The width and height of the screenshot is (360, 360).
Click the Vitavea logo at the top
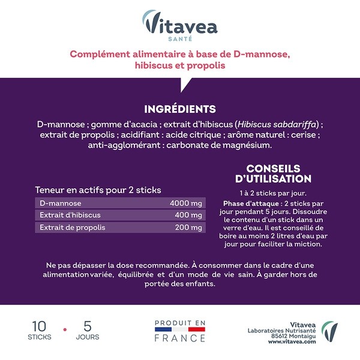tap(179, 24)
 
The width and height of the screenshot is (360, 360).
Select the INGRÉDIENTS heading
tap(180, 109)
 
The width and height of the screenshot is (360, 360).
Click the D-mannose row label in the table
tap(61, 203)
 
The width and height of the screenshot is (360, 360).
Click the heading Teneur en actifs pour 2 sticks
tap(98, 190)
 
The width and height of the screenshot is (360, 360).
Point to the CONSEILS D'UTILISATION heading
tap(273, 173)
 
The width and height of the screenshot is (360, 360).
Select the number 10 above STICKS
tap(39, 327)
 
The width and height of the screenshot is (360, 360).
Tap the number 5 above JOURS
tap(88, 327)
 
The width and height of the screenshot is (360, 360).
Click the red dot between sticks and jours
tap(64, 330)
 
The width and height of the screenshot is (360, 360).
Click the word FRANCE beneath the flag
tap(180, 338)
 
